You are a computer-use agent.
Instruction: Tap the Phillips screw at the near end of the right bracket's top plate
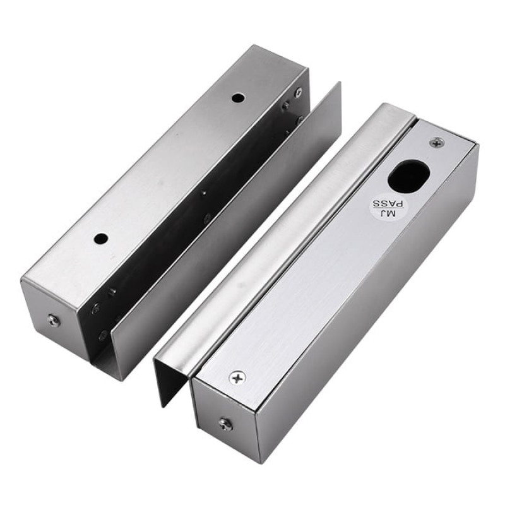click(238, 377)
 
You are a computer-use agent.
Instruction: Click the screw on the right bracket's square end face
click(225, 424)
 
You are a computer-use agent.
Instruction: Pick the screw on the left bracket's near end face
click(54, 321)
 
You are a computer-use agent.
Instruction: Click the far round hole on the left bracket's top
click(238, 97)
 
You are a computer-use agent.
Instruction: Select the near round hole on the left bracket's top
click(101, 239)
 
